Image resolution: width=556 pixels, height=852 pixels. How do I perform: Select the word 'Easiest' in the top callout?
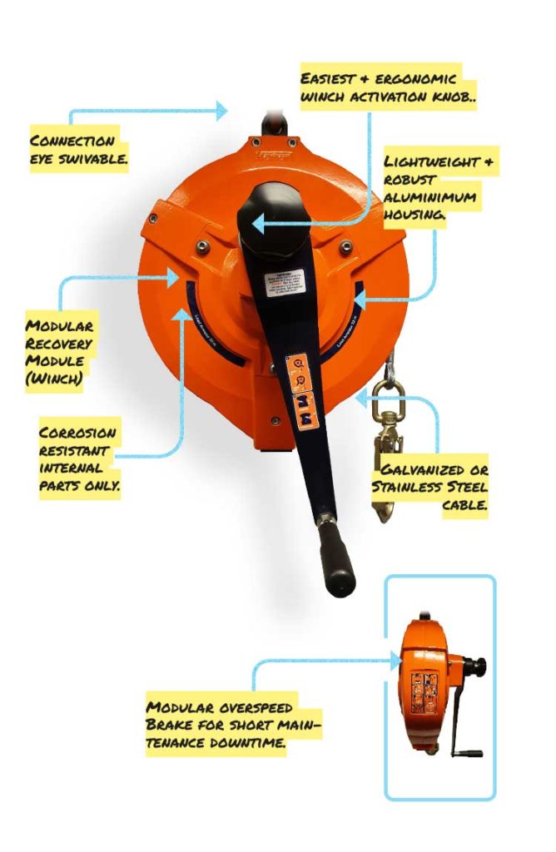click(x=328, y=78)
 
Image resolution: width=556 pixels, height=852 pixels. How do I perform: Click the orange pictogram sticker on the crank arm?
click(x=300, y=392)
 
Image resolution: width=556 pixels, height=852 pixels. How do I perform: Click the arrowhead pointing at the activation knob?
click(x=259, y=223)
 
